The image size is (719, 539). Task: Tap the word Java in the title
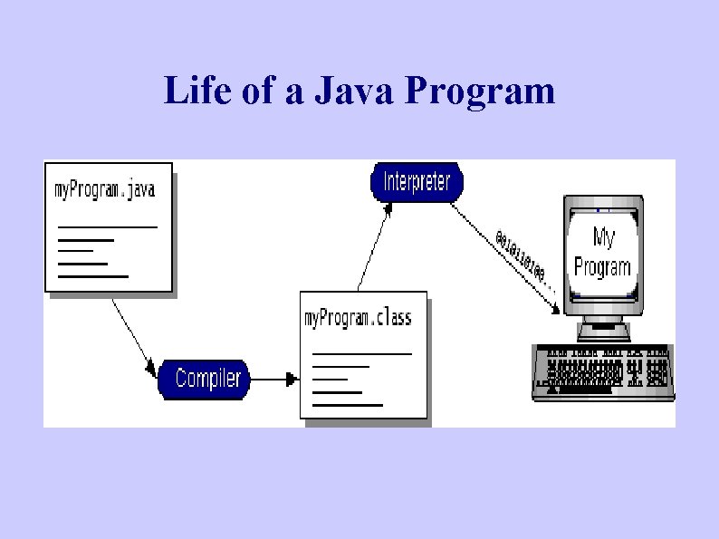[348, 91]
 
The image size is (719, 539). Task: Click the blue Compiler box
[207, 378]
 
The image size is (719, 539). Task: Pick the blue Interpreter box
[417, 181]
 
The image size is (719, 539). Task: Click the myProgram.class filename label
[358, 317]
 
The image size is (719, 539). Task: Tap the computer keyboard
[603, 371]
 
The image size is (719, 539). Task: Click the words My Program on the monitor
[602, 252]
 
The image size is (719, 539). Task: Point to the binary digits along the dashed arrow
[521, 257]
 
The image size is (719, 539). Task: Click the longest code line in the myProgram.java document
[107, 226]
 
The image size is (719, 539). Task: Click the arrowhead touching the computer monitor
[556, 311]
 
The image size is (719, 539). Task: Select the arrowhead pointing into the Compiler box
[153, 370]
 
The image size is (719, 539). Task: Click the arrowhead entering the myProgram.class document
[292, 379]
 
